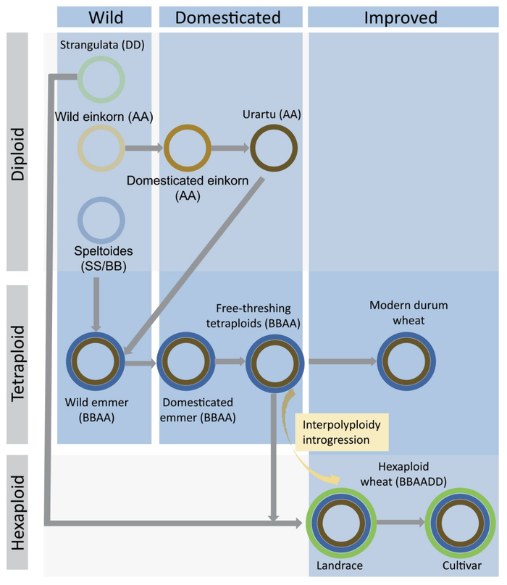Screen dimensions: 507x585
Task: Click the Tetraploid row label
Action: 17,364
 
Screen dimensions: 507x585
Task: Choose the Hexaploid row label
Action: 17,513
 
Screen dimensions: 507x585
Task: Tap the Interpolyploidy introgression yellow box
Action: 342,432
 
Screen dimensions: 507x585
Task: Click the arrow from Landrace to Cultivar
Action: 401,522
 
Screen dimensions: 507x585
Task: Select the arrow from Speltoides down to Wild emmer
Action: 96,305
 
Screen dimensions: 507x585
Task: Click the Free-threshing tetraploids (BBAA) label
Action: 253,316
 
